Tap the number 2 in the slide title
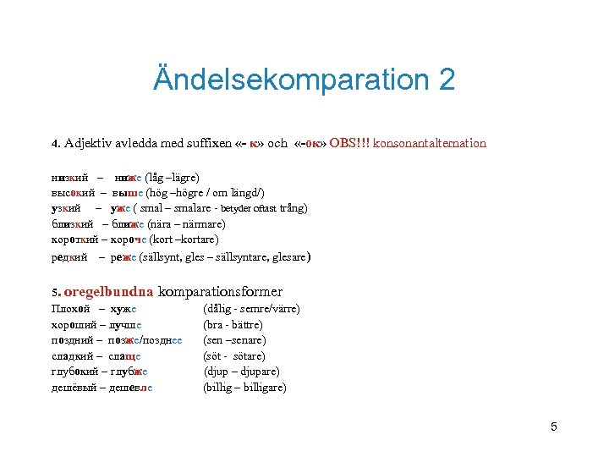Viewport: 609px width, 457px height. (x=446, y=80)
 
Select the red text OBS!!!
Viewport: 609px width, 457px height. (x=348, y=143)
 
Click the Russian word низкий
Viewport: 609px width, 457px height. (x=71, y=178)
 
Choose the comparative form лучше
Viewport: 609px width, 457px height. (x=125, y=325)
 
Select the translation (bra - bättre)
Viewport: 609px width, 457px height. (x=233, y=325)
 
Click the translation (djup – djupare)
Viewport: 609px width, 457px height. (x=239, y=372)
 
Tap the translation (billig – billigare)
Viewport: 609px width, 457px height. (x=244, y=388)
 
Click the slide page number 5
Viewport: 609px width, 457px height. (x=553, y=427)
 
